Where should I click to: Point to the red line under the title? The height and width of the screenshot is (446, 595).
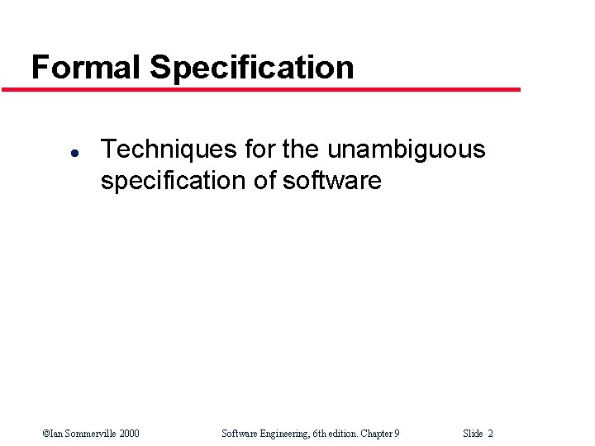pyautogui.click(x=273, y=89)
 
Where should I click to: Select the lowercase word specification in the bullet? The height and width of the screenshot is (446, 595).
pyautogui.click(x=174, y=181)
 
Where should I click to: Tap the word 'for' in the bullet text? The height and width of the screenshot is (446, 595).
pyautogui.click(x=262, y=149)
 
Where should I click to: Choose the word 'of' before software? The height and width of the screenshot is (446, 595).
pyautogui.click(x=264, y=180)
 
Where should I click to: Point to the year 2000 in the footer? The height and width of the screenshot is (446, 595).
pyautogui.click(x=128, y=434)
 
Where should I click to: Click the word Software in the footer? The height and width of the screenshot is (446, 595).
pyautogui.click(x=240, y=434)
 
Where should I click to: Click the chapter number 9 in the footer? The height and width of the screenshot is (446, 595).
pyautogui.click(x=397, y=434)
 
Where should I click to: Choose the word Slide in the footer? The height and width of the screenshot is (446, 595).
pyautogui.click(x=473, y=434)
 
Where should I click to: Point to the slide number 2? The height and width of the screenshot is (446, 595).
pyautogui.click(x=491, y=434)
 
